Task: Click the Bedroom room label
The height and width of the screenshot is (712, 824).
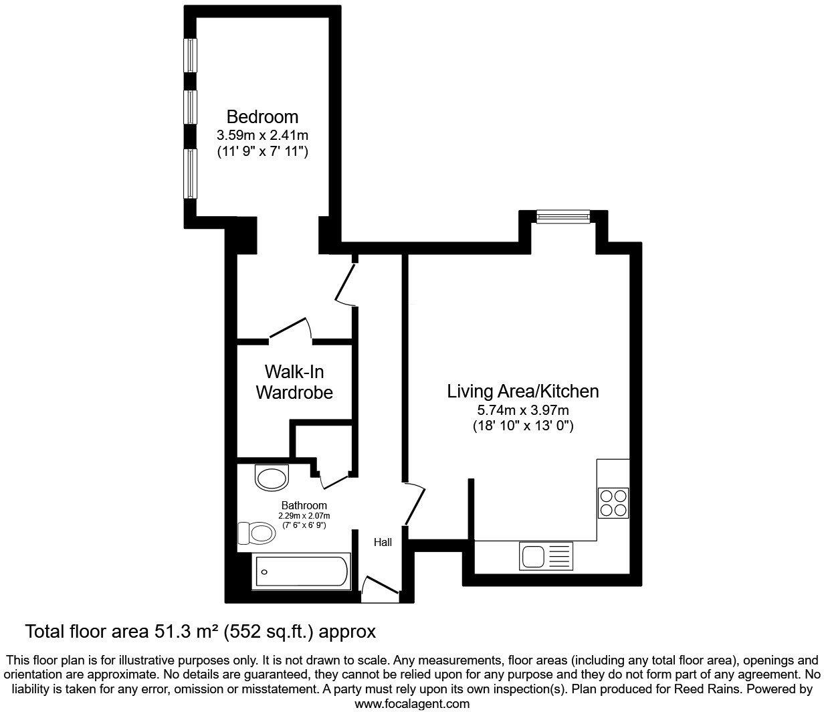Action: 262,116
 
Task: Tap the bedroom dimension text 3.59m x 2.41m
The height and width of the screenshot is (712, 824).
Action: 262,135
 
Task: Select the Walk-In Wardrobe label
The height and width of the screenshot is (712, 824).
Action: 294,381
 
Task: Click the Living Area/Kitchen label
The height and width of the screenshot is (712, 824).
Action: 522,391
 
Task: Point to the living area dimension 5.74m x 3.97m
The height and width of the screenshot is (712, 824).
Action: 522,410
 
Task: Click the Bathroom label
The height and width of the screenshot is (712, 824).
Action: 304,505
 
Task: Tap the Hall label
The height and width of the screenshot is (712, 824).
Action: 383,543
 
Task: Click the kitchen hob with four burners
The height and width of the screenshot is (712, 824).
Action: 613,503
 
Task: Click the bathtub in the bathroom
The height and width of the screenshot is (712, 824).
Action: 300,571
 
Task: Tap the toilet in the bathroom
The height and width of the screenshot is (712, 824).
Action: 257,533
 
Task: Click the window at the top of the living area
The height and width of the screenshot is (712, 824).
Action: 563,215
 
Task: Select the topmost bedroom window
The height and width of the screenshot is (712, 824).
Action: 191,55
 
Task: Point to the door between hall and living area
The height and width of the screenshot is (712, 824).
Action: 415,503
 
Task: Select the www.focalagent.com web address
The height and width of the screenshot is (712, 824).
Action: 411,703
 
